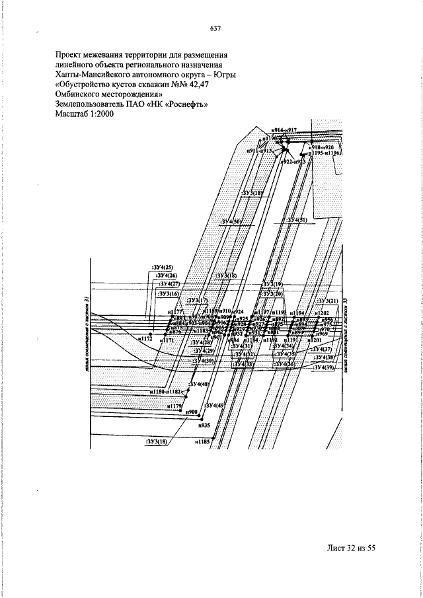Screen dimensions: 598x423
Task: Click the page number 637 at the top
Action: (215, 28)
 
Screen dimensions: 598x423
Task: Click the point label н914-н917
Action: (286, 131)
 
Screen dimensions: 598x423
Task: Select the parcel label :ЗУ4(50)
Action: (232, 220)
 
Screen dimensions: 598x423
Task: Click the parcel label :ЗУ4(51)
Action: (295, 219)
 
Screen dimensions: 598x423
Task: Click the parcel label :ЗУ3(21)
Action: (327, 301)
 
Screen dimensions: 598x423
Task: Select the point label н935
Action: (204, 426)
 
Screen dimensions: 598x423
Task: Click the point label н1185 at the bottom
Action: (202, 441)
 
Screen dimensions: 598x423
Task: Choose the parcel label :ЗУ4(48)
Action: (199, 384)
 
